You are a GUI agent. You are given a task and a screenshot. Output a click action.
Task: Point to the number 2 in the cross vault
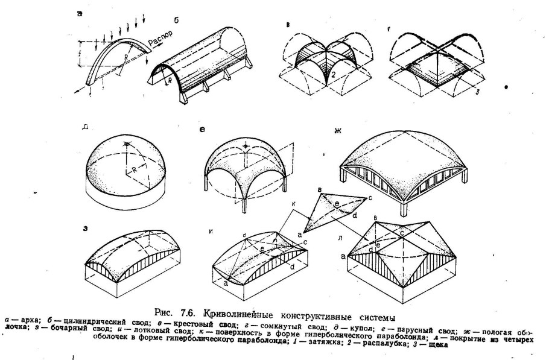(331, 74)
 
